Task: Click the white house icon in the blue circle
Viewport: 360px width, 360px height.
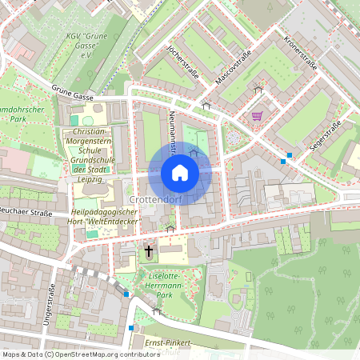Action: click(x=180, y=173)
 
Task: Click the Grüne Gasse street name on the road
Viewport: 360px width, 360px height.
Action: click(x=72, y=94)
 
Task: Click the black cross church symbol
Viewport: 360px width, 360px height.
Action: click(x=148, y=251)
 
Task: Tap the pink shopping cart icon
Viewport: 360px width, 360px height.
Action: click(x=257, y=115)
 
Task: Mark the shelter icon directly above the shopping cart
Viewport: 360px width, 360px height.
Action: click(x=258, y=89)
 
